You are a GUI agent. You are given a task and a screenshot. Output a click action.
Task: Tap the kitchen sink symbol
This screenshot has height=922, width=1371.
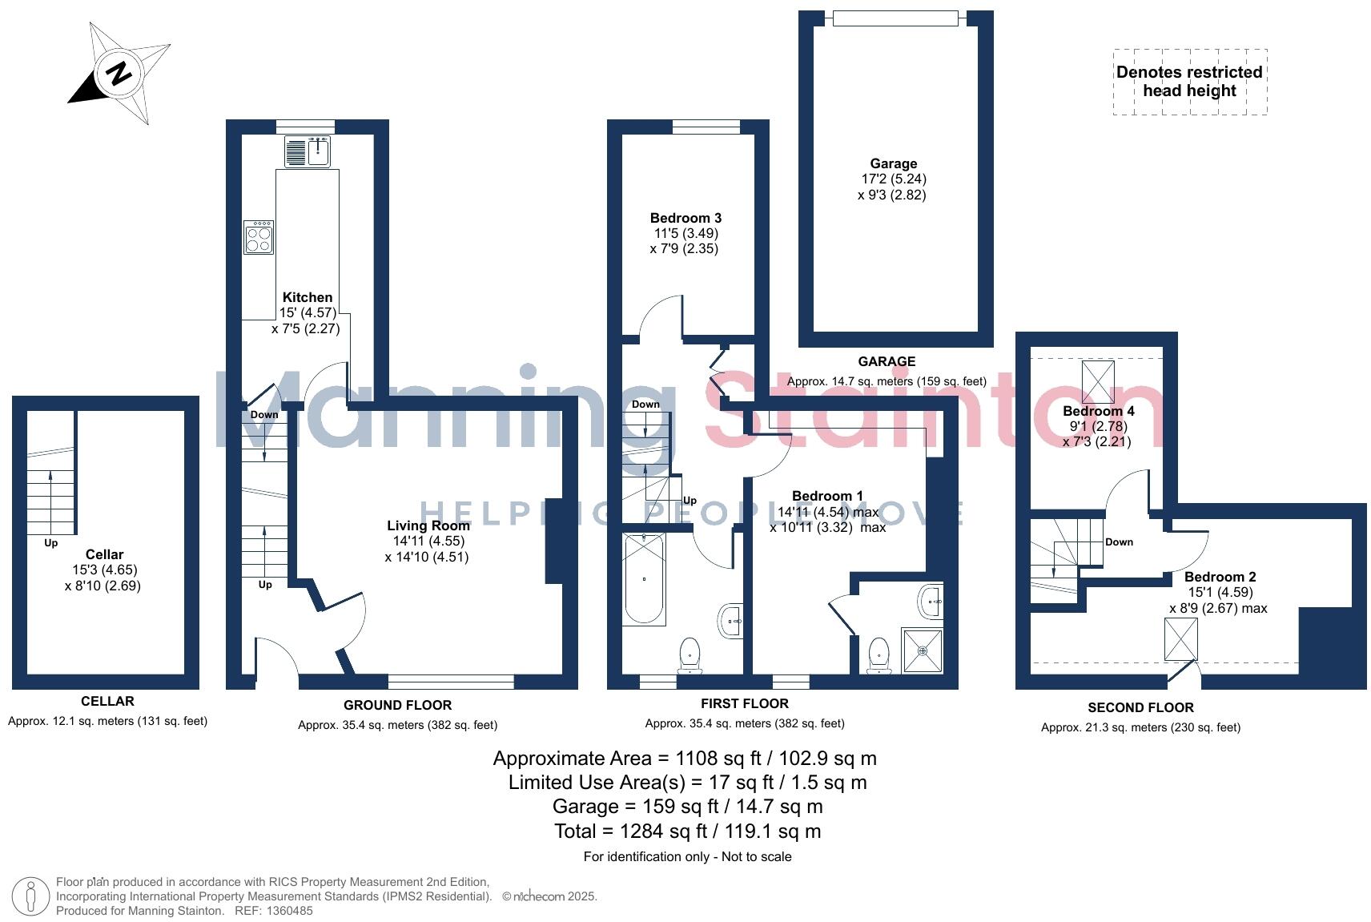pos(308,151)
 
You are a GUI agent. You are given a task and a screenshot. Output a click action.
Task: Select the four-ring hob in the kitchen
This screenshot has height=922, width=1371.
pos(259,238)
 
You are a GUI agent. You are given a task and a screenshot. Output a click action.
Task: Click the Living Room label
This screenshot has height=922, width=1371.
pos(428,525)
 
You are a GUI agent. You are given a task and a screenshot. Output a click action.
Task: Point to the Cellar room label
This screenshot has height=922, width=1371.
pos(104,554)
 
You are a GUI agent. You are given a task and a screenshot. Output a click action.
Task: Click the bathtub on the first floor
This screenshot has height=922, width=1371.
pos(644,578)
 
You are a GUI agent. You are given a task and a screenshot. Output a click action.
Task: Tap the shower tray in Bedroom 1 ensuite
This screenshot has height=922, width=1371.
pos(923,650)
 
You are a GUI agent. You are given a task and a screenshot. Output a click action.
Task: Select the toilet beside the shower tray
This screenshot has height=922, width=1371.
pos(878,655)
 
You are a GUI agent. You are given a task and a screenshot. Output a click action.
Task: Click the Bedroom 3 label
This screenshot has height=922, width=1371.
pos(685,218)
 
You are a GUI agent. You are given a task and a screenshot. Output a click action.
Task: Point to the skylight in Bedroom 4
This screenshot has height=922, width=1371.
pos(1097,381)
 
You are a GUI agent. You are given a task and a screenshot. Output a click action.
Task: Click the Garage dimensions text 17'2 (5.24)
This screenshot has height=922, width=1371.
pos(894,179)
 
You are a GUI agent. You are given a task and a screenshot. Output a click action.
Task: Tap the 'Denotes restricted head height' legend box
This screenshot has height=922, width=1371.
pos(1189,82)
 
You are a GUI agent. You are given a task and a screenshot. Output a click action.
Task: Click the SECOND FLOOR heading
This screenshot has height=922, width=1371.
pos(1140,707)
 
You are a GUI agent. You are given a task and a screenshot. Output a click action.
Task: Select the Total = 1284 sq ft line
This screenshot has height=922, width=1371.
pos(687,831)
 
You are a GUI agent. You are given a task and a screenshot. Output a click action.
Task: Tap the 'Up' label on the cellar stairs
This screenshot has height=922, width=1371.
pos(51,543)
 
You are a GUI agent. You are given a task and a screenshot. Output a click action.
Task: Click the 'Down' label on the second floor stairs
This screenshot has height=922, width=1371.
pos(1119,542)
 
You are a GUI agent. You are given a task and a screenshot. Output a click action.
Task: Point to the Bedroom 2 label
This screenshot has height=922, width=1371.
pos(1220,577)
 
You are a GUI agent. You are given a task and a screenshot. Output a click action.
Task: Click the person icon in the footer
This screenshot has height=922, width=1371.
pos(31,896)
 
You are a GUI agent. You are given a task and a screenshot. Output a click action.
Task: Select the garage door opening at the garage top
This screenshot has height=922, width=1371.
pos(895,18)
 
